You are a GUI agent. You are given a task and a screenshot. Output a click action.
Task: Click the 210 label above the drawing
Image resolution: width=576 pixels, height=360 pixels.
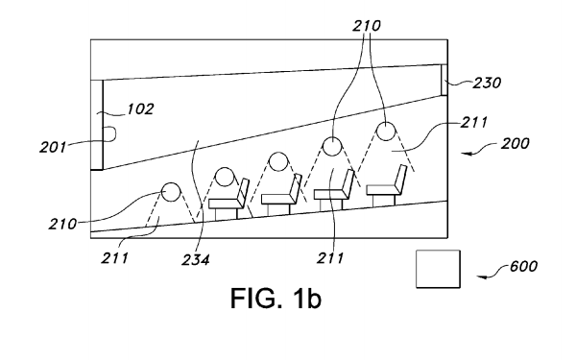point(367,26)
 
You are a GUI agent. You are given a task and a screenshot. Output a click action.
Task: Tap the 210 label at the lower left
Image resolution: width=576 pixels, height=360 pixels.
point(62,224)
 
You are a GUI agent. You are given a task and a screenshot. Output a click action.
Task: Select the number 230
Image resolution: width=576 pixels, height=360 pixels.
point(487,83)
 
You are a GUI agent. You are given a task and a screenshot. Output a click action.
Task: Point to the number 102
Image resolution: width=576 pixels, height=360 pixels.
point(140,109)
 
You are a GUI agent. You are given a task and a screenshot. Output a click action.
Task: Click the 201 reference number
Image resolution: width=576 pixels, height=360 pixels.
point(53,147)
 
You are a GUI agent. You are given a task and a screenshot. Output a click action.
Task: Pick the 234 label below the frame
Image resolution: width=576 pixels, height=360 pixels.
point(196,260)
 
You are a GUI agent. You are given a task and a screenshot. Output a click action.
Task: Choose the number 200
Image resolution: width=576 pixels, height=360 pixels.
point(515,143)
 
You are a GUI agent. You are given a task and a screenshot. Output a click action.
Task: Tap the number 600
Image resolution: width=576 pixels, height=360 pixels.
point(523,266)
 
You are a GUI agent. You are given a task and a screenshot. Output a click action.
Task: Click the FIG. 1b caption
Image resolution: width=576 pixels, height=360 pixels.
point(276,298)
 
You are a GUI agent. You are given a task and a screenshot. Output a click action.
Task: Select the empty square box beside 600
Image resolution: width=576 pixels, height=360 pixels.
point(438,269)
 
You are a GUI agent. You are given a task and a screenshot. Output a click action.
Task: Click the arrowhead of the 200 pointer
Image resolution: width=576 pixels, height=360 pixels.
point(466,154)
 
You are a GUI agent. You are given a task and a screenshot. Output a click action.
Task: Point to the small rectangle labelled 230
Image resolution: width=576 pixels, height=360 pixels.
point(444,80)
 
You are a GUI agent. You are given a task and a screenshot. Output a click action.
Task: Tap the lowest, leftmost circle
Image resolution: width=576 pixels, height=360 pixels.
point(171,192)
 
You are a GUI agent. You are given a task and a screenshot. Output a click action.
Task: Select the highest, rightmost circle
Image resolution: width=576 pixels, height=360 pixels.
point(386,132)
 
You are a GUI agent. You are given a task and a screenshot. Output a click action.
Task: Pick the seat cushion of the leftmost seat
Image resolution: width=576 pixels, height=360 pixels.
point(225,204)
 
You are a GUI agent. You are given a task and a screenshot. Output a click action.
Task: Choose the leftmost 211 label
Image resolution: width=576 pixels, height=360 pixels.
point(114,258)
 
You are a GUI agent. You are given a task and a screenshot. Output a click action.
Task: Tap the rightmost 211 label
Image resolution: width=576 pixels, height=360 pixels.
point(474,122)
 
